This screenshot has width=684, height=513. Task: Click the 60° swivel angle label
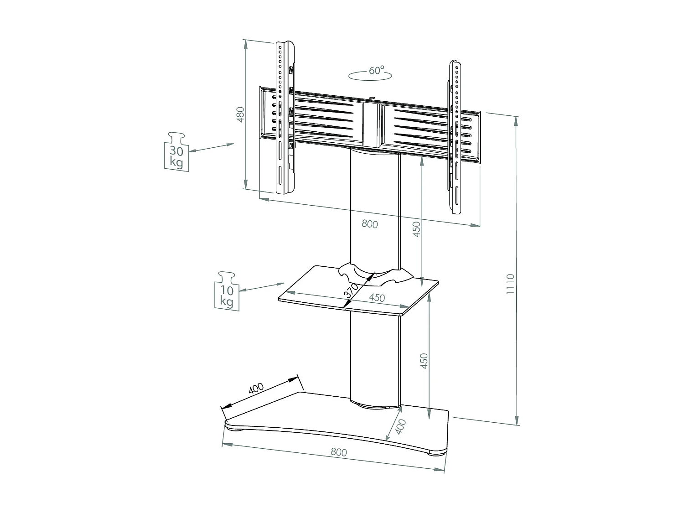pyautogui.click(x=376, y=71)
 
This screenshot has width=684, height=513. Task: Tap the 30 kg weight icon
pyautogui.click(x=176, y=151)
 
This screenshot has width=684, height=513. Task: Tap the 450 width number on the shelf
pyautogui.click(x=377, y=298)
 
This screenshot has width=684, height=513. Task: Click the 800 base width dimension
pyautogui.click(x=338, y=452)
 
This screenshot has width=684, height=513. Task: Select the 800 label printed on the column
pyautogui.click(x=369, y=224)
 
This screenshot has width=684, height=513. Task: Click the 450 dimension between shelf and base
pyautogui.click(x=424, y=361)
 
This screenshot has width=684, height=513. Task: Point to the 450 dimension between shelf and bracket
pyautogui.click(x=416, y=230)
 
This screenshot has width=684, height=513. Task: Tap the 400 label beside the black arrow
pyautogui.click(x=256, y=388)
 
